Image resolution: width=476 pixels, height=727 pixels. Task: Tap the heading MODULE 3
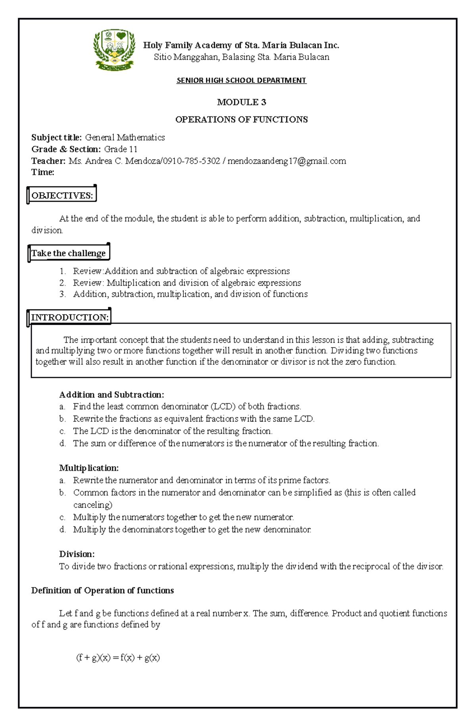click(241, 102)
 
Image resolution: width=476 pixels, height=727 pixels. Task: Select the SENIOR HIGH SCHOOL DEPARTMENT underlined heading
click(241, 80)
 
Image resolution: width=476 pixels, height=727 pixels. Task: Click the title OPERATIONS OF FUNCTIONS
click(241, 120)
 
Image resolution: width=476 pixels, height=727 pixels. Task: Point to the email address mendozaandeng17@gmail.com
click(287, 161)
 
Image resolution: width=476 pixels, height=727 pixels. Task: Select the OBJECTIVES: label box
click(62, 195)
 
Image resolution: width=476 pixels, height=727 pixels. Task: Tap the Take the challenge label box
click(69, 253)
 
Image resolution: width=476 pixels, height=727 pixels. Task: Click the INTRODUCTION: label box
click(70, 317)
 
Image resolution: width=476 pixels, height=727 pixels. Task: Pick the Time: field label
click(43, 172)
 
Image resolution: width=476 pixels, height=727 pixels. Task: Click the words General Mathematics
click(125, 137)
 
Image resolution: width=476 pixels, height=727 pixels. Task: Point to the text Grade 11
click(121, 149)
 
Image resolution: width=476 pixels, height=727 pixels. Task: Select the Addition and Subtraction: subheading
click(111, 395)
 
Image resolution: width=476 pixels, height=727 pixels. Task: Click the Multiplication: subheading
click(89, 468)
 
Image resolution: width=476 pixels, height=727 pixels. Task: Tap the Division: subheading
click(77, 554)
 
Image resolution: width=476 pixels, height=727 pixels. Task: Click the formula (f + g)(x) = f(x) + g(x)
click(118, 658)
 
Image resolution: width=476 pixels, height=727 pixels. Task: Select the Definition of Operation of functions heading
click(102, 590)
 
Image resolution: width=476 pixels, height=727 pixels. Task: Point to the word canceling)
click(93, 505)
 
